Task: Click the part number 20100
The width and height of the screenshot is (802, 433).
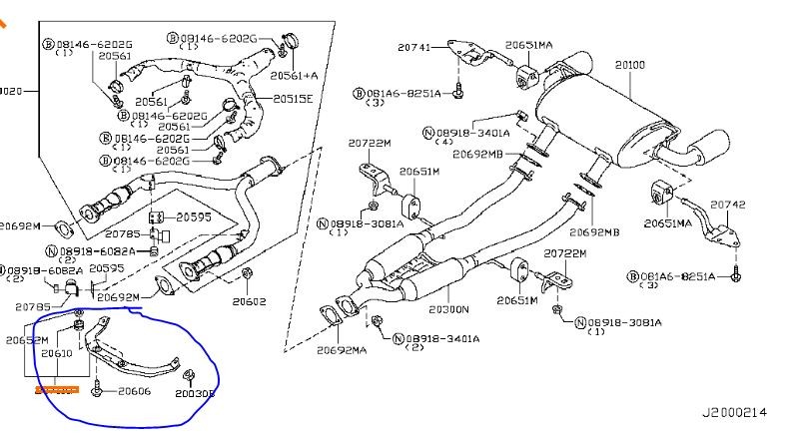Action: click(630, 65)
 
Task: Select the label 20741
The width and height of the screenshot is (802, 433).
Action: click(412, 47)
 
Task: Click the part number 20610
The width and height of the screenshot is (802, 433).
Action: click(56, 353)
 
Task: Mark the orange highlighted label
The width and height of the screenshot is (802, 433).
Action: click(56, 390)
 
